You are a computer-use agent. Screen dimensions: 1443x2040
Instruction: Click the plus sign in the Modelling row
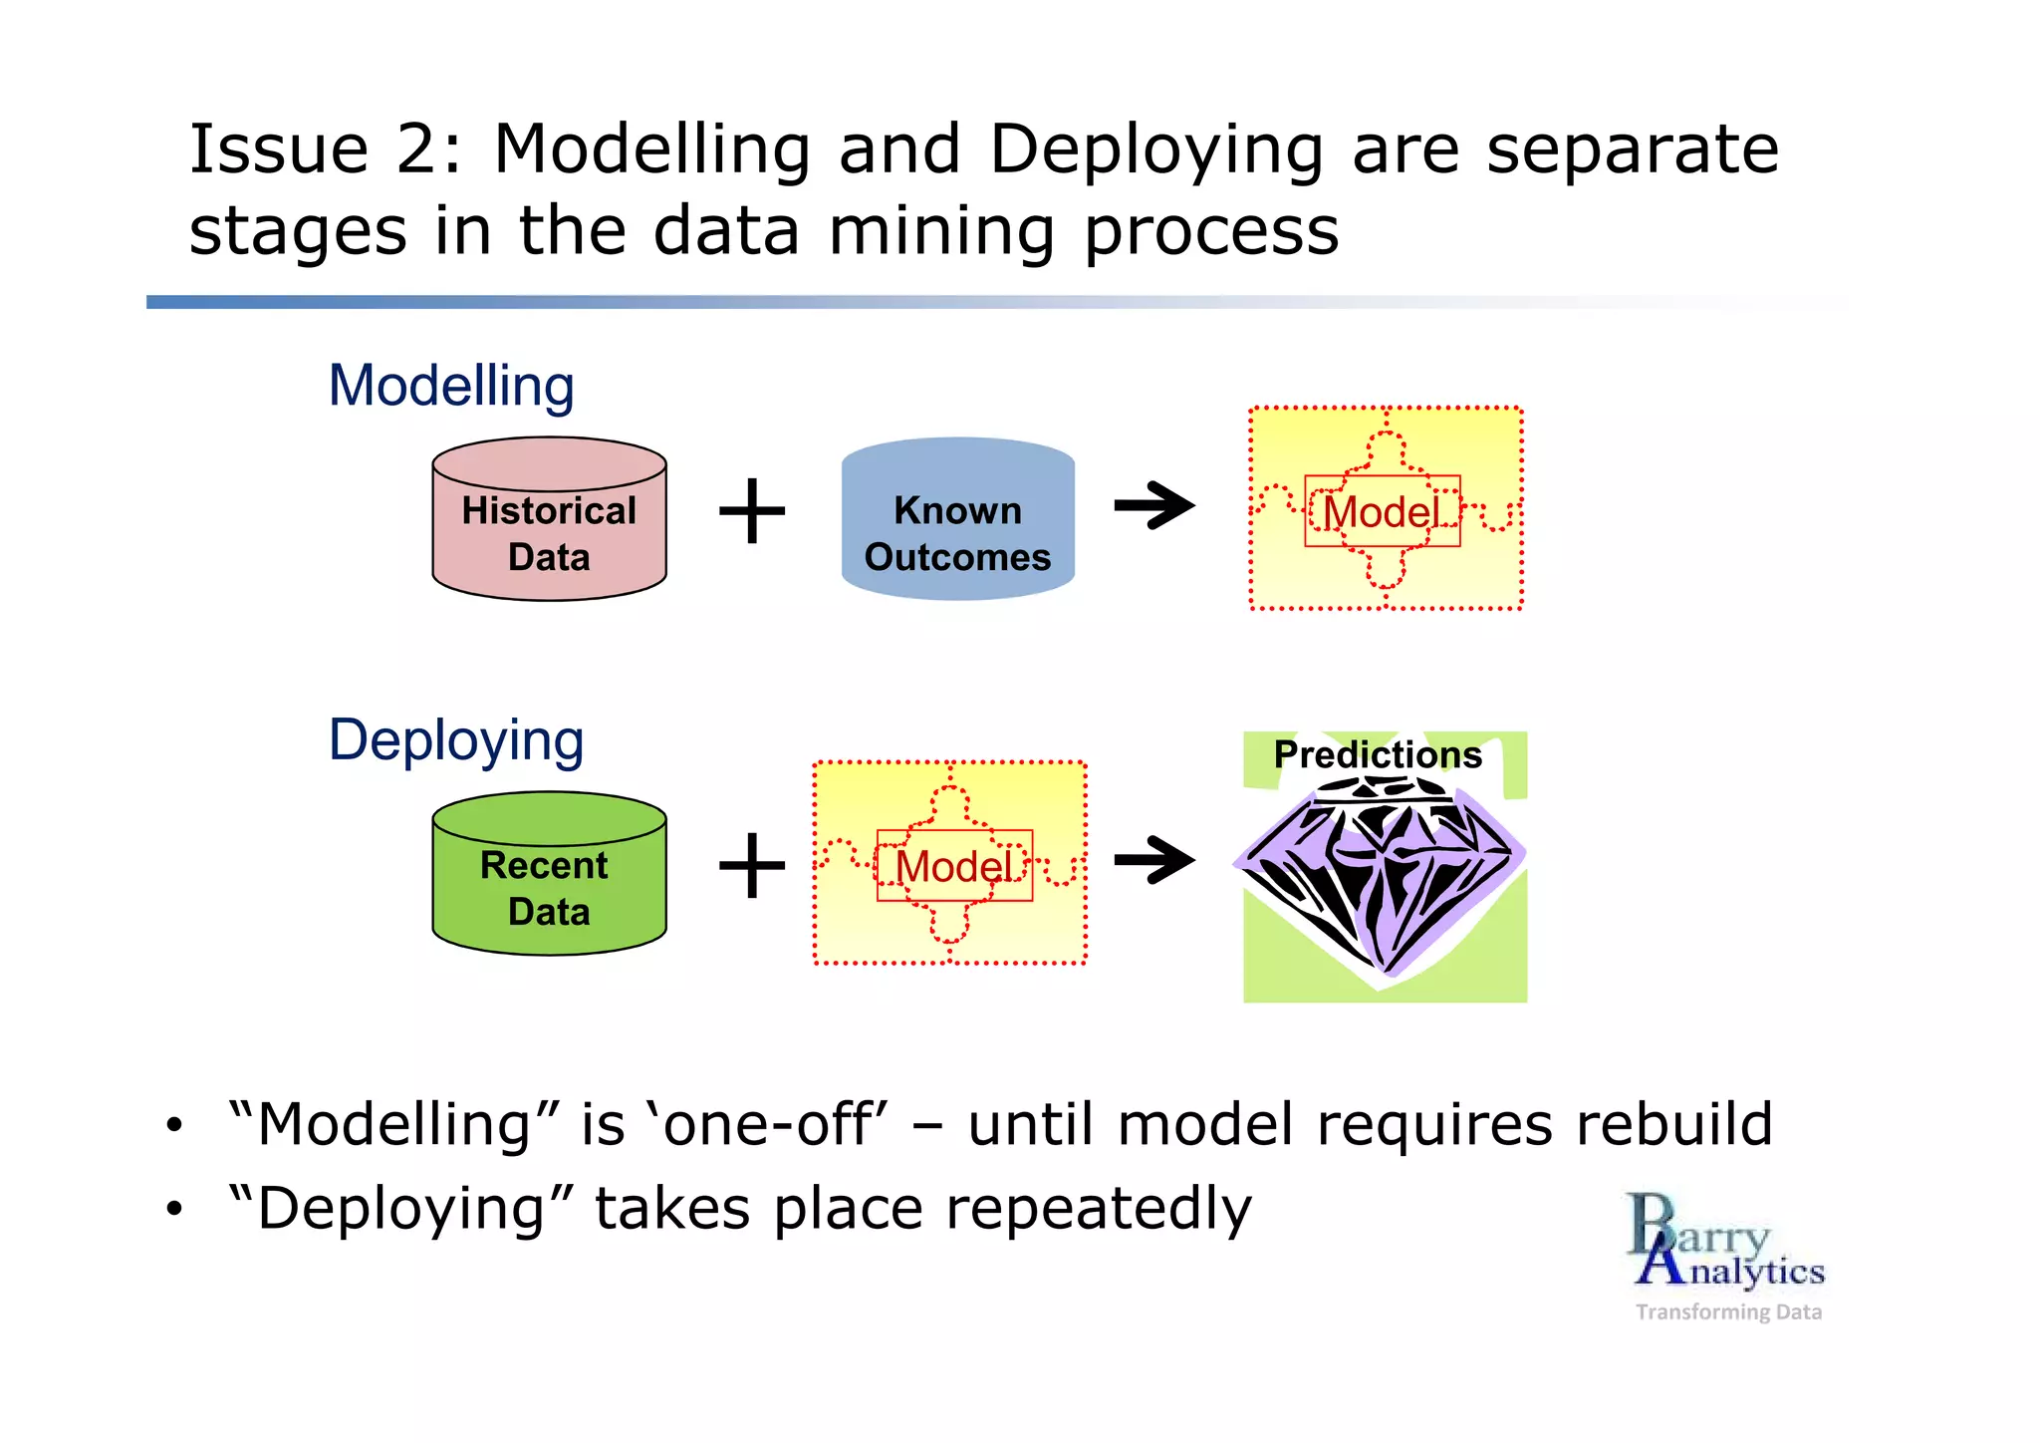pos(752,511)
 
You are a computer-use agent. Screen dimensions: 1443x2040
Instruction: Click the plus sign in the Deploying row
pos(752,865)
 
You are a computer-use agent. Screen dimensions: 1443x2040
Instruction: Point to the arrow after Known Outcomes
pos(1154,506)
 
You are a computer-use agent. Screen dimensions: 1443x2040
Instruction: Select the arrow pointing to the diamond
pos(1154,860)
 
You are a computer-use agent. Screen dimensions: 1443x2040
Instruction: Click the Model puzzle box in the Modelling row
pos(1386,508)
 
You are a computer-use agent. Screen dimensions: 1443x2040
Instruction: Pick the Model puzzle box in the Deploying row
pos(950,863)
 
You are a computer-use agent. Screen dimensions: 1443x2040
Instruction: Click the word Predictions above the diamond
pos(1378,754)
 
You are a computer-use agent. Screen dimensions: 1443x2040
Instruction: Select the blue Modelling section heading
pos(451,386)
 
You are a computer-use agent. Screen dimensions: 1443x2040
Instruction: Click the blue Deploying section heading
pos(456,740)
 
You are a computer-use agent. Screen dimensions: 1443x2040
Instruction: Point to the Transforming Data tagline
pos(1728,1311)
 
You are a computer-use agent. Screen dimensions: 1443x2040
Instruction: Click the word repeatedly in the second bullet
pos(1098,1209)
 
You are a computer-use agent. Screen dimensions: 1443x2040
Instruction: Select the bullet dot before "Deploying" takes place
pos(175,1210)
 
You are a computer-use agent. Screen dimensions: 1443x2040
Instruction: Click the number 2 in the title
pos(416,150)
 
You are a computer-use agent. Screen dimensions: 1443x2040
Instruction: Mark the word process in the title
pos(1210,231)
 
